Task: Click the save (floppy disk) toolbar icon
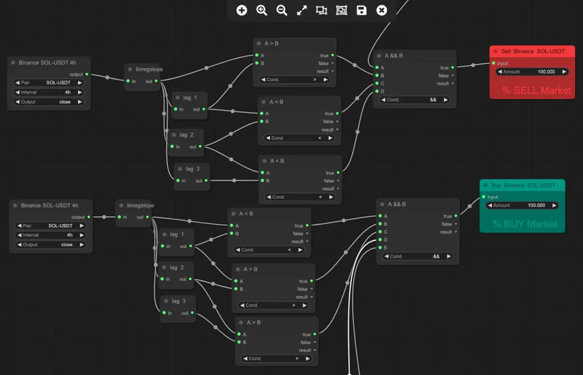click(362, 10)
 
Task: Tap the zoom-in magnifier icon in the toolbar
click(262, 10)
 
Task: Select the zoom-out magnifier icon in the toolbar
click(282, 10)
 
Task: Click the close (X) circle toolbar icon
click(381, 10)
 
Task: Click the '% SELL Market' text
click(536, 91)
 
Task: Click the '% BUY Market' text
click(525, 224)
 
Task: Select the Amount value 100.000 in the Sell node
click(546, 72)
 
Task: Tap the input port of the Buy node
click(483, 197)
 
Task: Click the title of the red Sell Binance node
click(533, 51)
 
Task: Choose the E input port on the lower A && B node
click(380, 247)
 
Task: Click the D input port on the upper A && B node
click(377, 91)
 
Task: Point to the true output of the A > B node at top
click(332, 55)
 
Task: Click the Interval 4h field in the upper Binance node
click(49, 92)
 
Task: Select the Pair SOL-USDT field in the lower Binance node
click(51, 226)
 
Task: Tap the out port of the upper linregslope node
click(156, 81)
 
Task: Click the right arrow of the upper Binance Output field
click(80, 102)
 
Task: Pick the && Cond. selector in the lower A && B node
click(417, 256)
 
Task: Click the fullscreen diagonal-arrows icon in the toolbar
click(302, 10)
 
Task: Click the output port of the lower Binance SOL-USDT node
click(89, 217)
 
